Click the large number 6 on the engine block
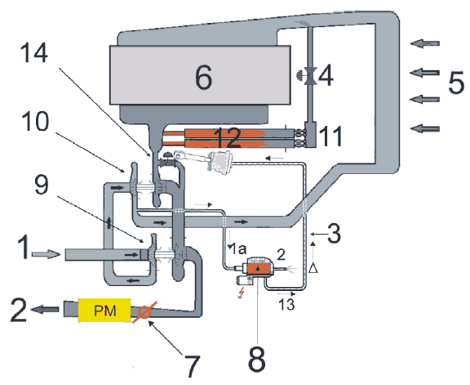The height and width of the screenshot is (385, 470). coord(203,78)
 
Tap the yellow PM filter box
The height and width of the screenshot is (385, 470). coord(104,311)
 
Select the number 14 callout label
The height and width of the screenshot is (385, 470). coord(34,52)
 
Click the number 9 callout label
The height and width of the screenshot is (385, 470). coord(41,185)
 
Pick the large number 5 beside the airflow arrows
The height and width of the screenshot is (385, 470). coord(456,82)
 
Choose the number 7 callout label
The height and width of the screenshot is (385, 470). coord(191,365)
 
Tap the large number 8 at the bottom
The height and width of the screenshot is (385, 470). coord(257,359)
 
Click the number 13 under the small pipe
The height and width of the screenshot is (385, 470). coord(287,304)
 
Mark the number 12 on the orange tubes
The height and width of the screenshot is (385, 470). coord(228,137)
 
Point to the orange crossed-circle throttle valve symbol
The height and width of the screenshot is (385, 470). coord(144,312)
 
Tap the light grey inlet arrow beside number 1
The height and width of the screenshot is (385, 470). coord(47,255)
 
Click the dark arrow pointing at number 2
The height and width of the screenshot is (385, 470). coord(45,309)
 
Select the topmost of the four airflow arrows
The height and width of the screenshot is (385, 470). coord(425,43)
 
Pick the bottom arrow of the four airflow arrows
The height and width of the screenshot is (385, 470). coord(425,129)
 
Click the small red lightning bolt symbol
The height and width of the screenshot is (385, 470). coord(241,293)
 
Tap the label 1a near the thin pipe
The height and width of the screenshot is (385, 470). coord(237,249)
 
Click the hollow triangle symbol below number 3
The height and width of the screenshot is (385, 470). coord(313,268)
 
